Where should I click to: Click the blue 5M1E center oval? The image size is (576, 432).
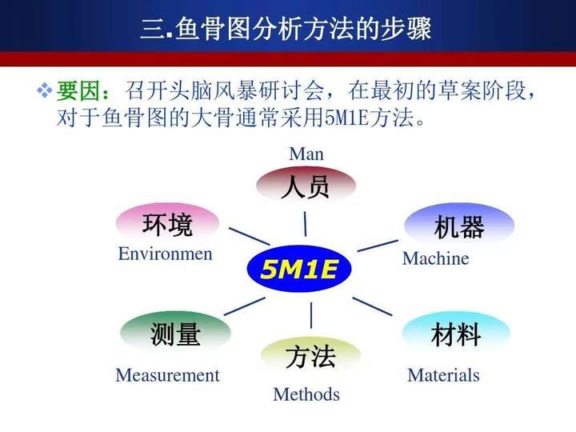299,269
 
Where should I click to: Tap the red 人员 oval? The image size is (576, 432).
306,186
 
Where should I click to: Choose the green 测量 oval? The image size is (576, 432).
175,333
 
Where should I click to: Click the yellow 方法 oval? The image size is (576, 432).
310,356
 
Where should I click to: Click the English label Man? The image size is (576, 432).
306,154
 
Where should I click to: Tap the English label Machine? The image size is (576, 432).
436,258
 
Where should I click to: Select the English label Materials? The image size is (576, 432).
443,375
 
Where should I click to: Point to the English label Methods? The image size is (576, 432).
306,394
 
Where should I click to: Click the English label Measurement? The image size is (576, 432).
167,375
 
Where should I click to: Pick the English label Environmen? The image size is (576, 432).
166,254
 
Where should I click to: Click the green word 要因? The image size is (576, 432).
78,90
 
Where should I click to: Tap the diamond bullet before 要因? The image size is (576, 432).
45,90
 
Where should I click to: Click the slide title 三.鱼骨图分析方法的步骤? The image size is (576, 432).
286,29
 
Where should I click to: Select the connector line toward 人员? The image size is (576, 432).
305,224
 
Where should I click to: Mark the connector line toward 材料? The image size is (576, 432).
372,306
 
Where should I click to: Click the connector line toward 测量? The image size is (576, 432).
245,306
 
